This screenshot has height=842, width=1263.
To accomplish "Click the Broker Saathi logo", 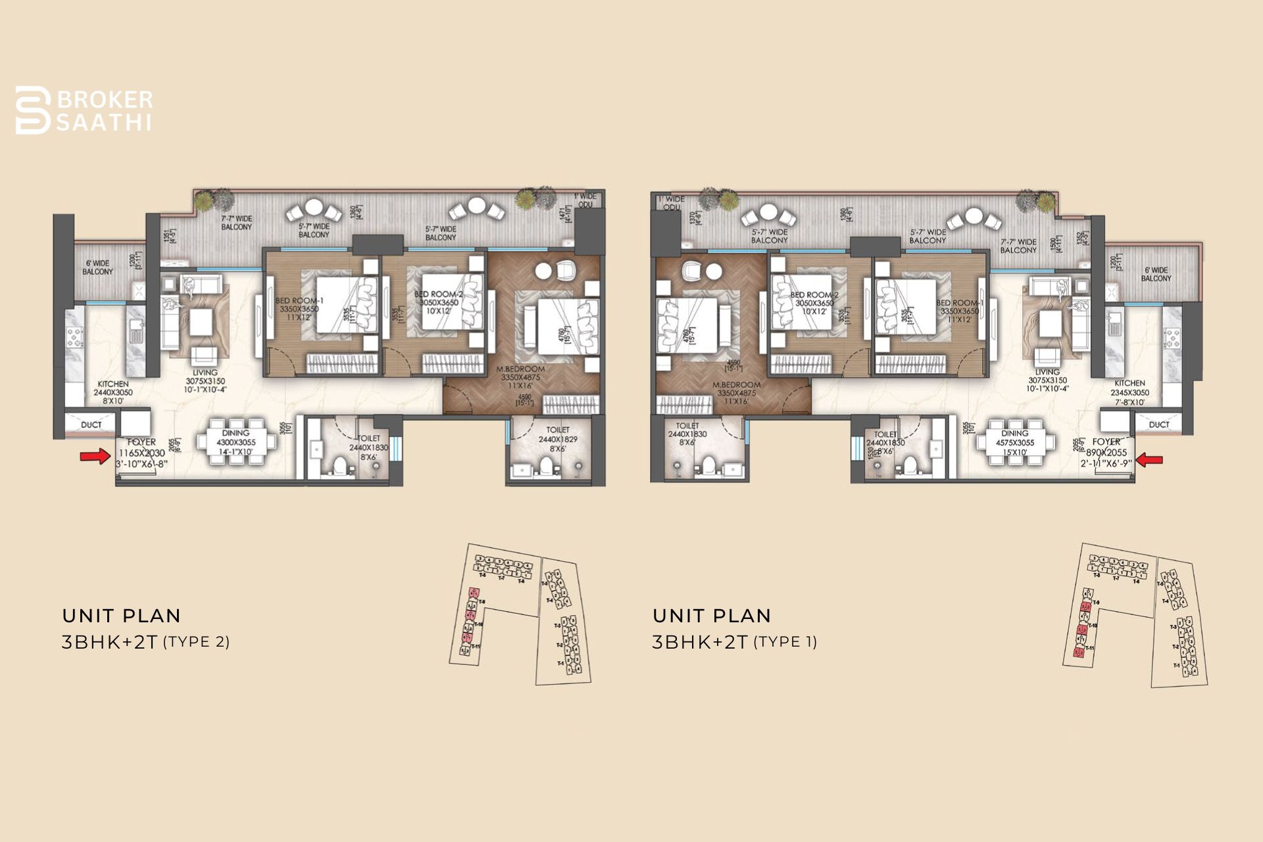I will [84, 111].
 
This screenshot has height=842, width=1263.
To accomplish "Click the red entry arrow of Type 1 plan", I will [1149, 460].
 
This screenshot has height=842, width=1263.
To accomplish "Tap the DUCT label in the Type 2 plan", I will [91, 425].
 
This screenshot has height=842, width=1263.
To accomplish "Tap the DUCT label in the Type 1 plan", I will [1159, 425].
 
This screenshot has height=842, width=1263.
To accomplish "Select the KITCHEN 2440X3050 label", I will [113, 392].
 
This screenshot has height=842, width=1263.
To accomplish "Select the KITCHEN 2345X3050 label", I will [1129, 392].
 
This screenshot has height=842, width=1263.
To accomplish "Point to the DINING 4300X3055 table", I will [236, 441].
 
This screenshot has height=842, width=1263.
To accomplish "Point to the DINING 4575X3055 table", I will [1014, 441].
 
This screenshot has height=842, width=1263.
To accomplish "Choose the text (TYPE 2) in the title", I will [196, 642].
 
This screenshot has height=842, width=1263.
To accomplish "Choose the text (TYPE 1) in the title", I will [785, 642].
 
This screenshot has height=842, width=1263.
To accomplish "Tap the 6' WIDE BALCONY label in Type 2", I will [97, 267].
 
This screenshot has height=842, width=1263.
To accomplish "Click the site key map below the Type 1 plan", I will [1135, 615].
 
